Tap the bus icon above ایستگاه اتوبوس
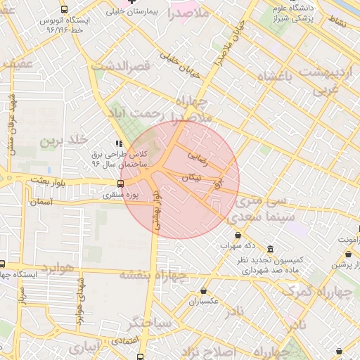coord(65,10)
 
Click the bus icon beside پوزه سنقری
coord(120,184)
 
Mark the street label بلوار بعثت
coord(49,181)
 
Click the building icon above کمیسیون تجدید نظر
coord(271,247)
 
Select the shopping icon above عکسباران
coord(204,290)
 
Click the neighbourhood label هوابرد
coord(58,268)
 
